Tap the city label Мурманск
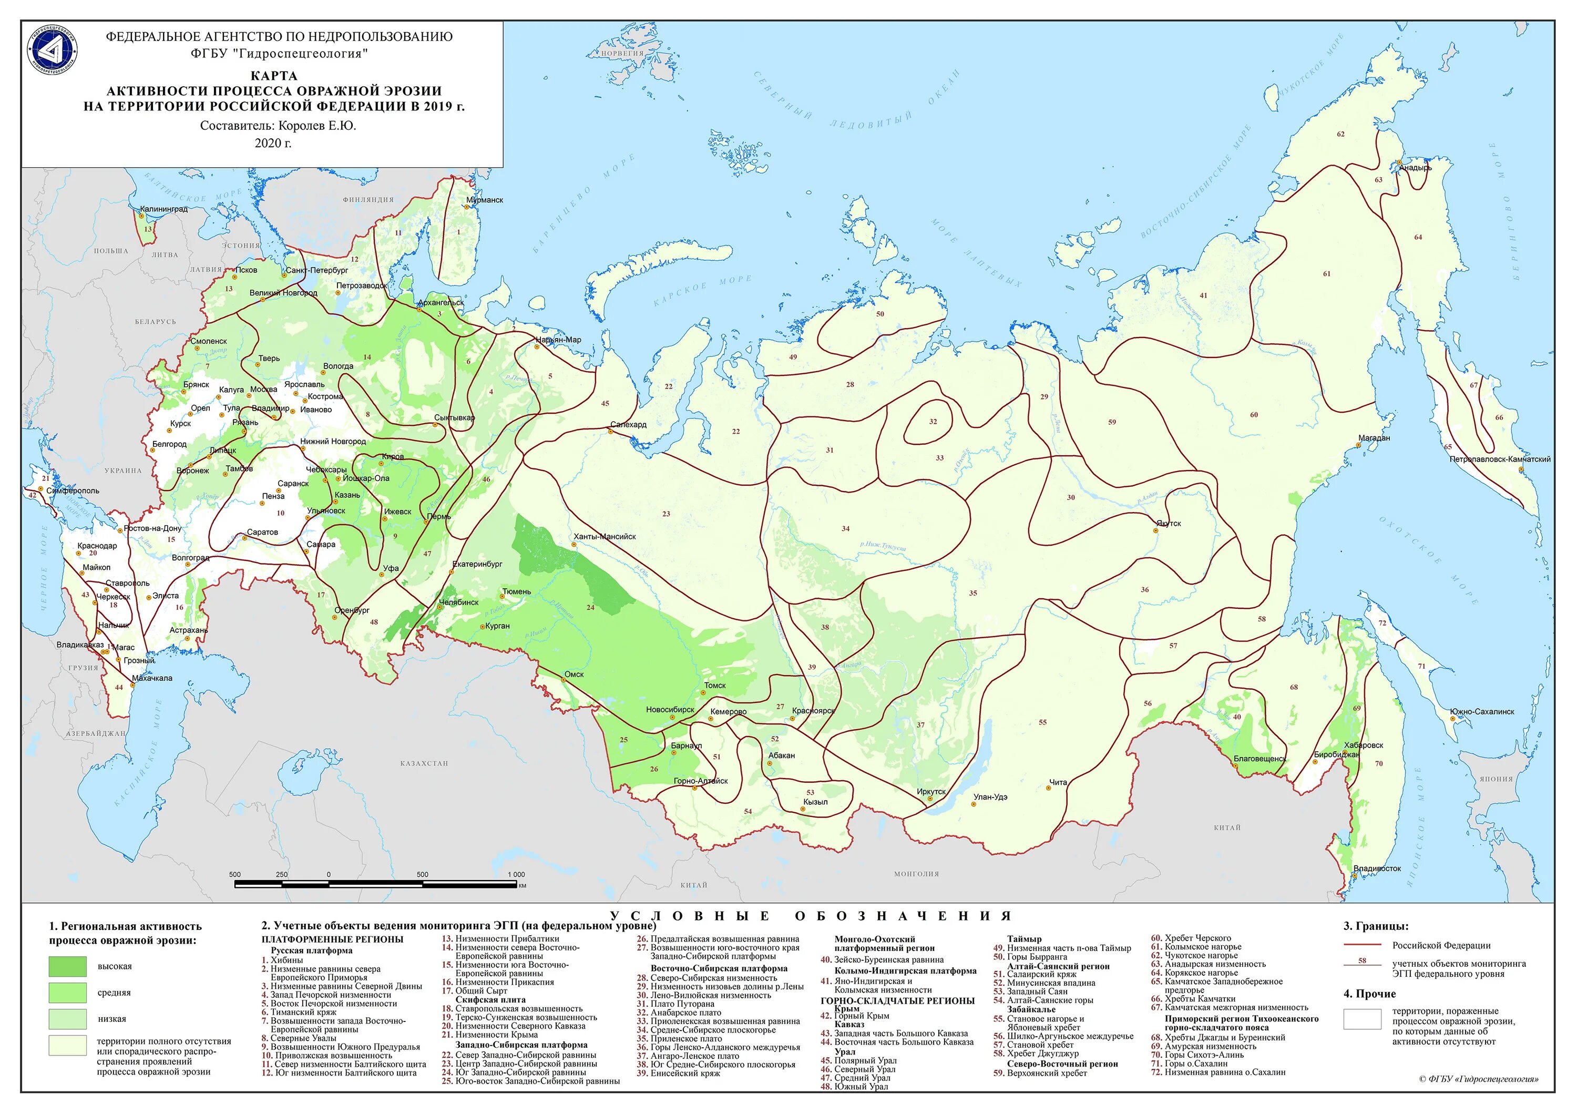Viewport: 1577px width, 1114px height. pos(484,200)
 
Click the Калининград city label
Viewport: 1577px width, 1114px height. pos(163,209)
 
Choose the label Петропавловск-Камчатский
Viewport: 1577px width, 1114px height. pos(1499,459)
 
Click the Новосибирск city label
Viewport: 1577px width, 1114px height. pos(670,710)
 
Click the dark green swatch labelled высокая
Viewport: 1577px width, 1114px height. pos(67,966)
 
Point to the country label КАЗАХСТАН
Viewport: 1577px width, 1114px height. pos(424,763)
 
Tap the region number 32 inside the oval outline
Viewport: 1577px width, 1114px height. pos(932,422)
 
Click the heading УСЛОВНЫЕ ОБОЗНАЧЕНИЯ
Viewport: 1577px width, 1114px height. pos(811,915)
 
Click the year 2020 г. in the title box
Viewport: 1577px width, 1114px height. pos(273,143)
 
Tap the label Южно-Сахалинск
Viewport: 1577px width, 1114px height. pos(1481,711)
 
